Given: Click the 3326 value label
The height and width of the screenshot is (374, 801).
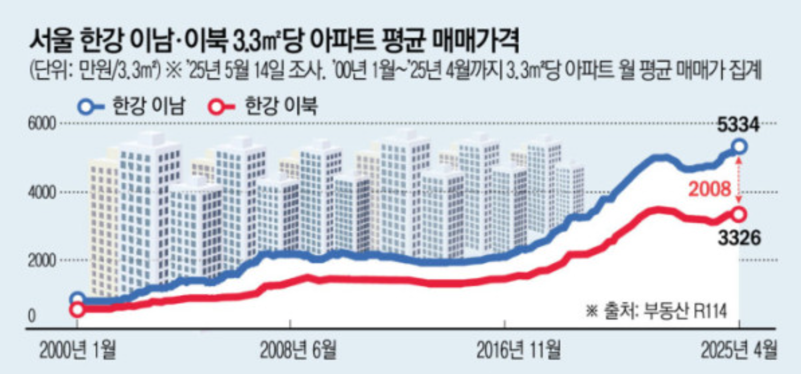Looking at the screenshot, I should [x=739, y=238].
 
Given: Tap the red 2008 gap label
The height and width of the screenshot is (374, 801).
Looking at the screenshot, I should [x=710, y=189].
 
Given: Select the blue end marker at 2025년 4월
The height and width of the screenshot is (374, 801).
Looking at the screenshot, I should [x=739, y=146].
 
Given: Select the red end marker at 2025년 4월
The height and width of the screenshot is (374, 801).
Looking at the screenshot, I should [x=739, y=215].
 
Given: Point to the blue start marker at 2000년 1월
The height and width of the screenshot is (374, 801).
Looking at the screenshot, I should [x=77, y=299].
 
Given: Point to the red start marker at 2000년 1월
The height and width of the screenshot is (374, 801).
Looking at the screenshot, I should [x=77, y=309].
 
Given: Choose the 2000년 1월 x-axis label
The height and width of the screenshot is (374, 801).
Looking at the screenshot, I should [x=77, y=350].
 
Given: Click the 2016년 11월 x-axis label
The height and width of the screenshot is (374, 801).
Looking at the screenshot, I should [x=512, y=350].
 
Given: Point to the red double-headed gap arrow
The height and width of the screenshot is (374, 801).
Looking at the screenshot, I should [x=739, y=180].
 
